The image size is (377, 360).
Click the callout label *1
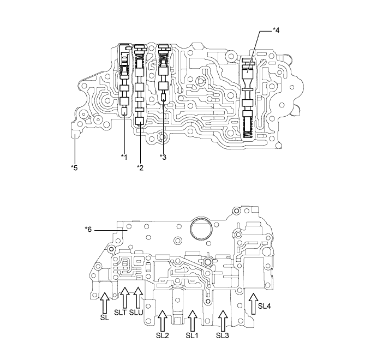tap(124, 157)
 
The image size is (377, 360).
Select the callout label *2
tap(140, 167)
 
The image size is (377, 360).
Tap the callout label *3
tap(163, 157)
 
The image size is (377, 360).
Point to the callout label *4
tap(276, 31)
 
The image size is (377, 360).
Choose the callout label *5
tap(74, 167)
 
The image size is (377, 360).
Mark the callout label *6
tap(88, 230)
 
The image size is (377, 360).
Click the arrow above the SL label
tap(105, 303)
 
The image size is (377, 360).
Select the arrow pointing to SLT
tap(124, 297)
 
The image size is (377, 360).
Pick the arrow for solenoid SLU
tap(138, 297)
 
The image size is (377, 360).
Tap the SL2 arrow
tap(163, 320)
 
